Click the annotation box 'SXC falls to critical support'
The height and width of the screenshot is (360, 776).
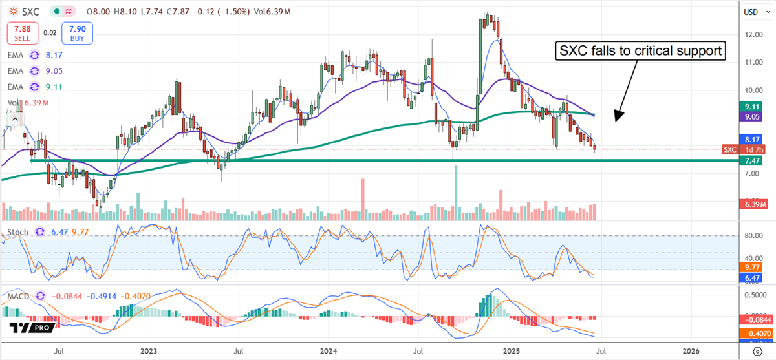pyautogui.click(x=640, y=50)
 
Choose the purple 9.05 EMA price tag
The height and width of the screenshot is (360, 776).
pyautogui.click(x=751, y=118)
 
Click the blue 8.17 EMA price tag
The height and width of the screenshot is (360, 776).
pyautogui.click(x=751, y=139)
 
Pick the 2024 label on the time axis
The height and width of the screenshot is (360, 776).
pyautogui.click(x=330, y=351)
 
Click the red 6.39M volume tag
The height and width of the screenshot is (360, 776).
pyautogui.click(x=751, y=204)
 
